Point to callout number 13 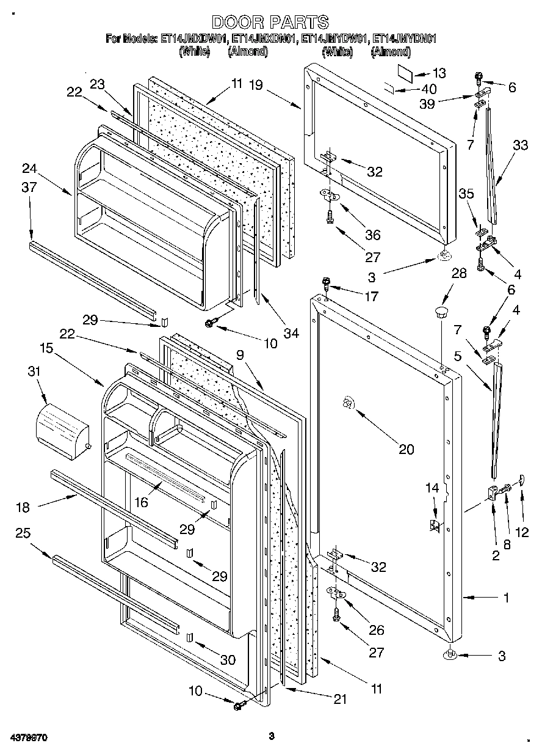pos(439,72)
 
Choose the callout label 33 pos(520,145)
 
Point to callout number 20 pos(406,450)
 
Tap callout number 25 pos(23,533)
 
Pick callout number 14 pos(432,488)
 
